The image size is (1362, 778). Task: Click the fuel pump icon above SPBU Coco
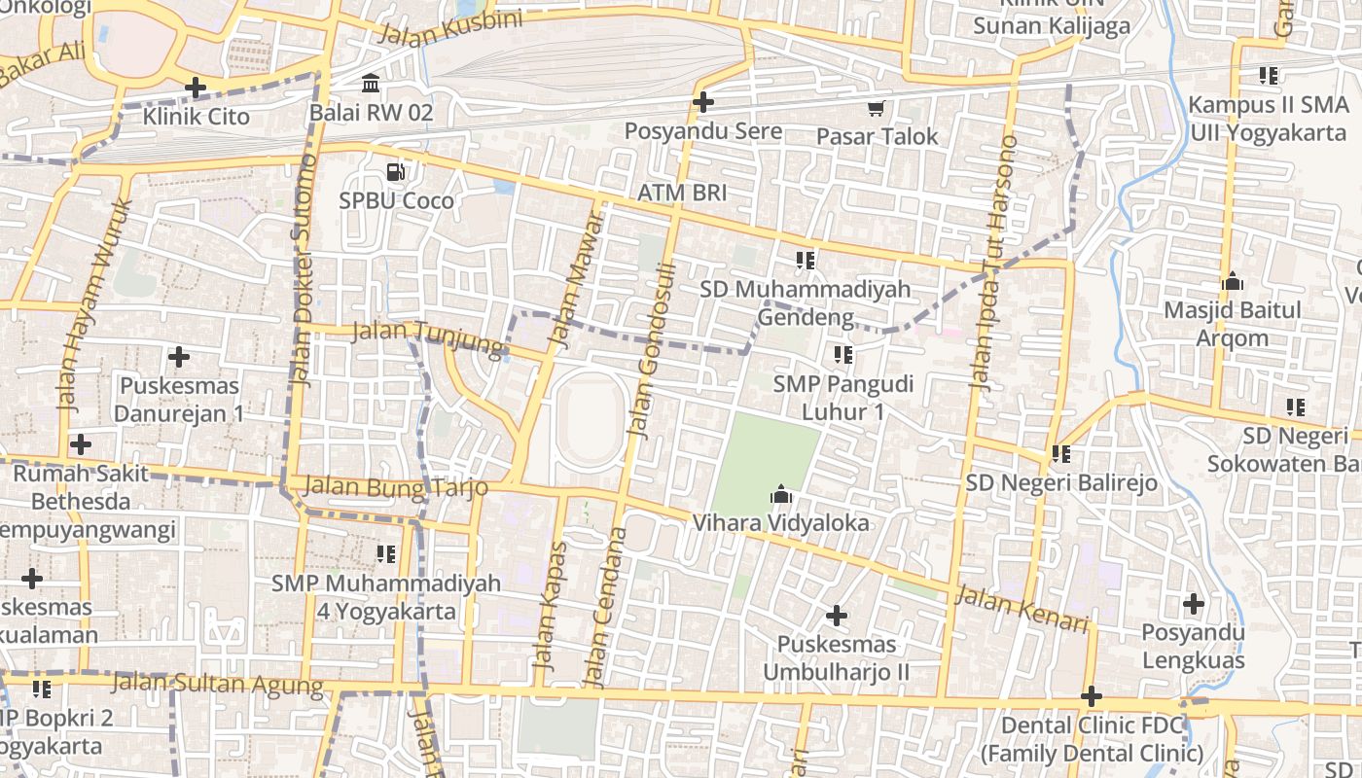pos(396,172)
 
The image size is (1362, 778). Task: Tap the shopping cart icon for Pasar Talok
pos(877,108)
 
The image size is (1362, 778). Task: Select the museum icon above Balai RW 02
pos(371,84)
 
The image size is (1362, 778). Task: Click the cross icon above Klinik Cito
pos(196,88)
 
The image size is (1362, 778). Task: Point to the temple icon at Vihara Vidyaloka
pos(780,496)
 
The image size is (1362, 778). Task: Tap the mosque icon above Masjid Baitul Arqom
pos(1233,283)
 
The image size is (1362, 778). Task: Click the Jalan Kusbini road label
pos(449,27)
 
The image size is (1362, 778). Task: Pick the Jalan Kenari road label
pos(1021,608)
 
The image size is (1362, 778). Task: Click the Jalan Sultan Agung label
pos(217,684)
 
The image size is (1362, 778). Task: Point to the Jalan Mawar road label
pos(575,277)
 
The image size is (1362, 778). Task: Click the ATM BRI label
pos(682,193)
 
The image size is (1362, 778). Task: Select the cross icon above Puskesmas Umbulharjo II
pos(836,616)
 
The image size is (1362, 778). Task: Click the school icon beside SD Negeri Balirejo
pos(1060,454)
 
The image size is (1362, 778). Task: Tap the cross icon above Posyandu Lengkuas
pos(1194,604)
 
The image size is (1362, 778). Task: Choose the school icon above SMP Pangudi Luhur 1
pos(842,355)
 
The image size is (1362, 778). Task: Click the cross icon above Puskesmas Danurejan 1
pos(179,357)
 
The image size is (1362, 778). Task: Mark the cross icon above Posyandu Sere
pos(702,101)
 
